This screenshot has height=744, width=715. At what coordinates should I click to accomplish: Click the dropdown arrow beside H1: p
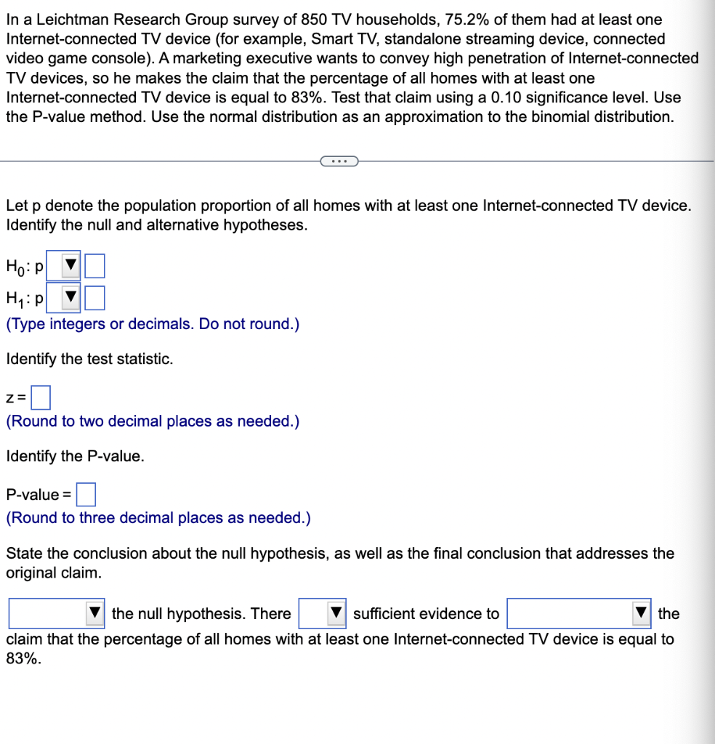pos(70,298)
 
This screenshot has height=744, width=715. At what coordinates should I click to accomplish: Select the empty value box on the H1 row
pos(95,298)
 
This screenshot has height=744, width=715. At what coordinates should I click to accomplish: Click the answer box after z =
pos(41,397)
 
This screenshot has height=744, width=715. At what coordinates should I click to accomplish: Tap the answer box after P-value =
pos(86,495)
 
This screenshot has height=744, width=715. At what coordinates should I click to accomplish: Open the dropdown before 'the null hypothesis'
pos(94,614)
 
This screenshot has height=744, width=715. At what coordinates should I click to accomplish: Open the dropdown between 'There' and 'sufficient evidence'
pos(336,614)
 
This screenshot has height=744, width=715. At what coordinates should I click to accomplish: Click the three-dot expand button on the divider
pos(338,161)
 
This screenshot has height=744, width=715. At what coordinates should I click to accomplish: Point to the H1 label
pos(20,299)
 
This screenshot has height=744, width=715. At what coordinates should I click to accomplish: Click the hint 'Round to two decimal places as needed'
pos(153,421)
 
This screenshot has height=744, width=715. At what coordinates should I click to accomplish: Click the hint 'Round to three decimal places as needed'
pos(158,518)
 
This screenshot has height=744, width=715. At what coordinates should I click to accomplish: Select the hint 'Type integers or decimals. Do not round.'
pos(153,324)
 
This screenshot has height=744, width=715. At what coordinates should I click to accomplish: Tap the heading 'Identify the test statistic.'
pos(89,359)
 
